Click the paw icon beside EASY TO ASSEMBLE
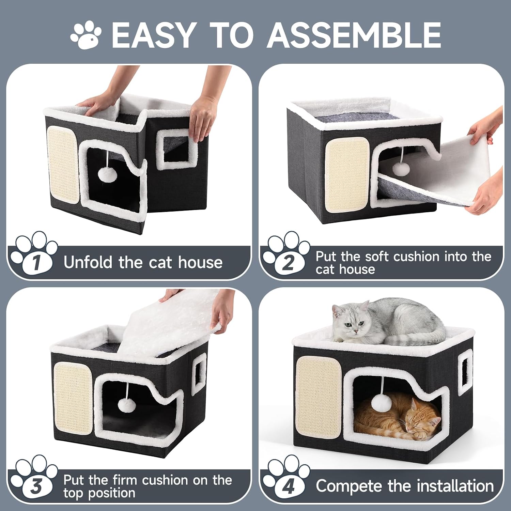click(86, 34)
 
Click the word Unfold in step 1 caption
click(88, 262)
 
